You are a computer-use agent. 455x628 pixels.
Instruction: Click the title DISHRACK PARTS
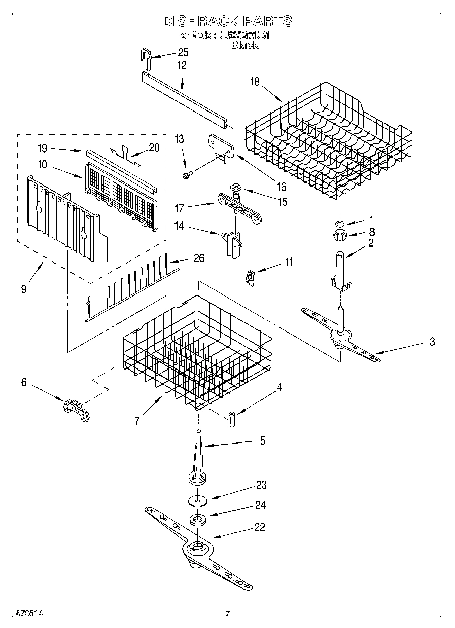click(228, 21)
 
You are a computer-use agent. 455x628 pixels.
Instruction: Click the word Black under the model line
click(244, 45)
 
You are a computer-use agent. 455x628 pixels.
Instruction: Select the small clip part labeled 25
click(147, 58)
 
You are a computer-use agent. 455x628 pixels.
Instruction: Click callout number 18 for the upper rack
click(255, 82)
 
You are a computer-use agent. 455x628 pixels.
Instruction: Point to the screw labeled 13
click(186, 175)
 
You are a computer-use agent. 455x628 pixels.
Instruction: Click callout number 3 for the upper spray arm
click(432, 342)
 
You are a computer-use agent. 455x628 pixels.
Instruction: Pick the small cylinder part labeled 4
click(232, 420)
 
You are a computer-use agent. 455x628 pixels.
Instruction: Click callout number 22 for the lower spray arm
click(259, 527)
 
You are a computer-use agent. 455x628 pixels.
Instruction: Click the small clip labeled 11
click(249, 278)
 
